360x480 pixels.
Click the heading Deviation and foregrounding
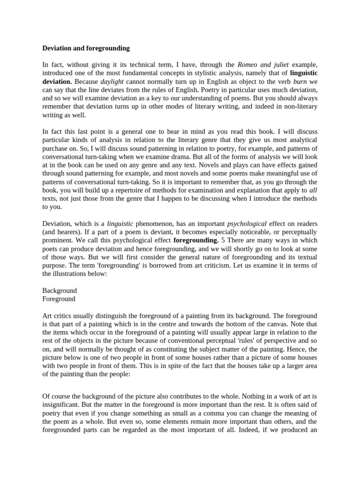pyautogui.click(x=86, y=48)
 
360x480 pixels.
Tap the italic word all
pyautogui.click(x=313, y=190)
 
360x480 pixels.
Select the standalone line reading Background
pyautogui.click(x=60, y=291)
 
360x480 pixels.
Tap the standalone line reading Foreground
pyautogui.click(x=59, y=299)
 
